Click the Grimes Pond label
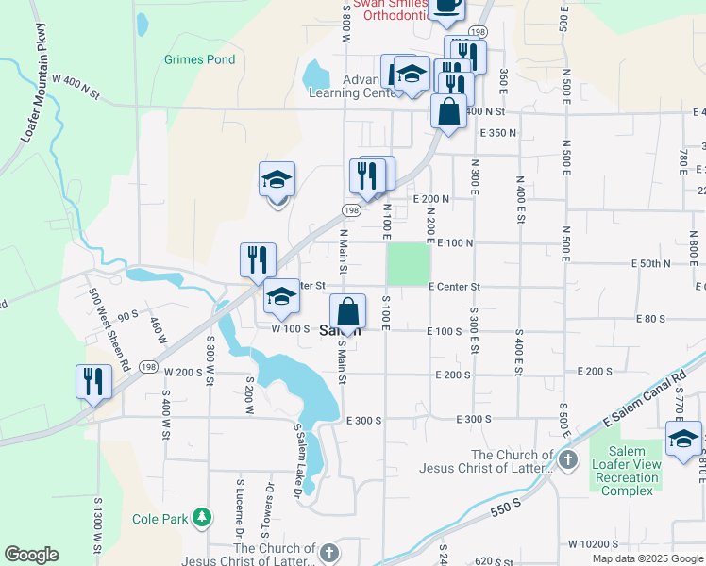[x=199, y=59]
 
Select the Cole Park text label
[x=160, y=518]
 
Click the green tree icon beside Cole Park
[x=201, y=517]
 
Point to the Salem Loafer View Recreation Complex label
[x=626, y=470]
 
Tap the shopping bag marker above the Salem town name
[x=348, y=311]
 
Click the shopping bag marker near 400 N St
[x=450, y=109]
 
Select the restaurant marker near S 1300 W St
[x=93, y=382]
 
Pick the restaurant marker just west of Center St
[x=258, y=259]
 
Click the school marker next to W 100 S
[x=281, y=297]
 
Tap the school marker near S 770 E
[x=683, y=439]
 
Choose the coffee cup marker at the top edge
[x=446, y=6]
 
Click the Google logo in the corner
[x=31, y=555]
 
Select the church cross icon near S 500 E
[x=567, y=460]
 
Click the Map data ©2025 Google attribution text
[x=647, y=558]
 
